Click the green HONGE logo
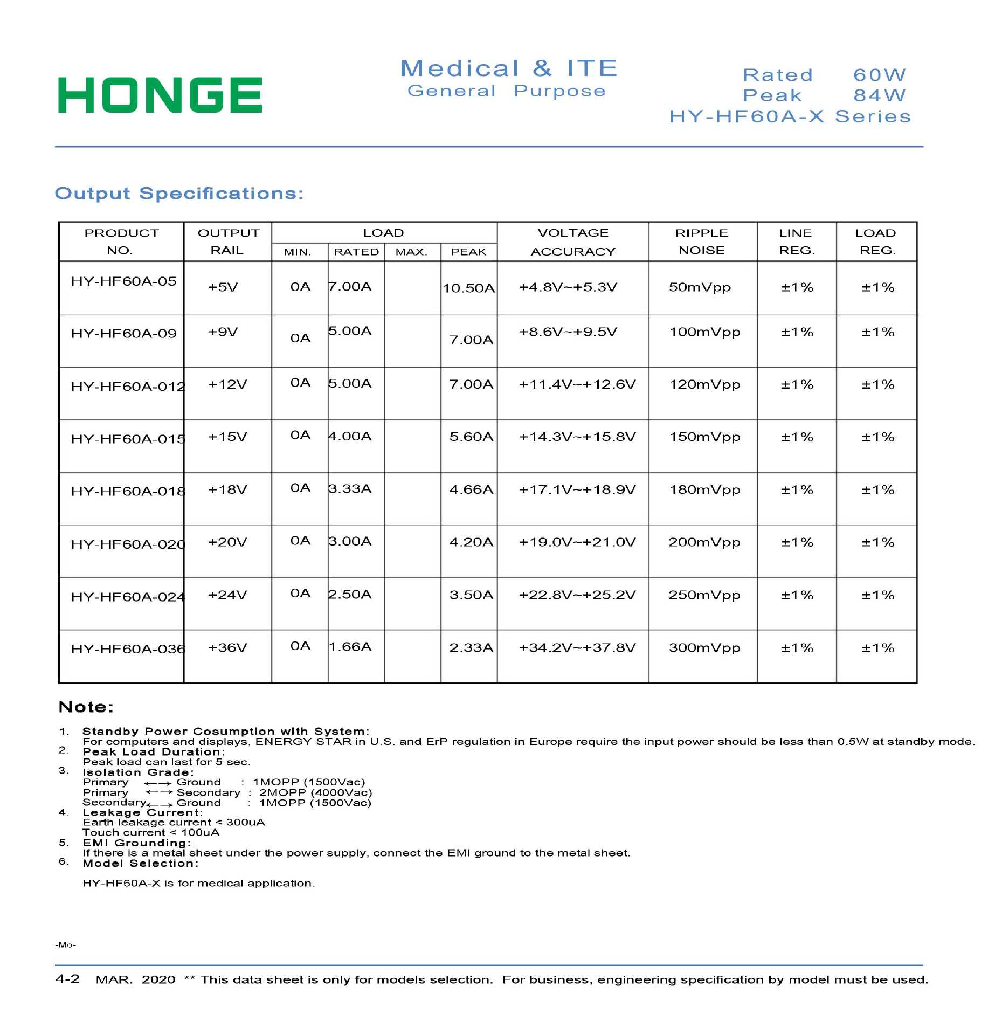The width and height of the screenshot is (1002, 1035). coord(160,95)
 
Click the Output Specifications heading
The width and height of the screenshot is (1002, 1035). coord(179,194)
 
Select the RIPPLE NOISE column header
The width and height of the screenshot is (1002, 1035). coord(701,241)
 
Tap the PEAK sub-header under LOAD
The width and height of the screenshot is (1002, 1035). coord(468,252)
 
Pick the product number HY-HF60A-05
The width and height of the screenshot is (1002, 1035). coord(123,281)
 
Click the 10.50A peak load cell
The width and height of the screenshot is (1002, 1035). coord(468,288)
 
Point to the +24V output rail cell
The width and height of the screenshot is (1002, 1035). coord(227,595)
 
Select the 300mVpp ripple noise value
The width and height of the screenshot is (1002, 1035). coord(704,648)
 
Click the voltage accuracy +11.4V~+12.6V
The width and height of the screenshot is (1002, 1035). coord(577,385)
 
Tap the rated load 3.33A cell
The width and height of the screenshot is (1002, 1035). coord(350,489)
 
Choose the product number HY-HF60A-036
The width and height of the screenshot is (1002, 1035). coord(128,649)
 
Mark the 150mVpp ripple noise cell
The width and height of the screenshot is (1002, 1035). coord(704,437)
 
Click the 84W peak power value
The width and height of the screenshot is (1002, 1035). coord(879,95)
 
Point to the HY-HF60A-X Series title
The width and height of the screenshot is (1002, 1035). coord(790,116)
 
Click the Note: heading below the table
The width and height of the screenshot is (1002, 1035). coord(86,707)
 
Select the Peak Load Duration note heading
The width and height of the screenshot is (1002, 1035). coord(154,752)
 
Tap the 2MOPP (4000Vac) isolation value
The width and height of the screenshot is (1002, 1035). coord(315,792)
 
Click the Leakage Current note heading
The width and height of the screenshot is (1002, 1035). coord(142,812)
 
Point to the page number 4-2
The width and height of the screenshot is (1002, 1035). coord(67,979)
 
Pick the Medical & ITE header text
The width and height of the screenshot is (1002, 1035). coord(508,68)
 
